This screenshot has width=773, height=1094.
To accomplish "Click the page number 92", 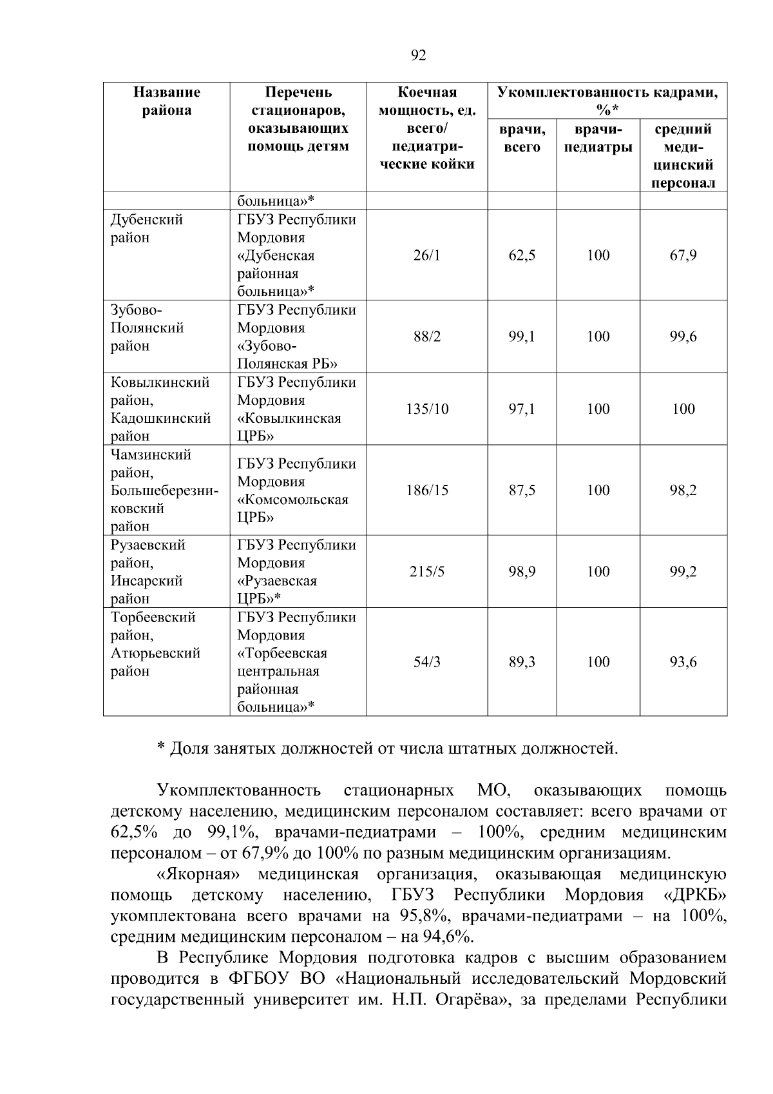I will coord(418,55).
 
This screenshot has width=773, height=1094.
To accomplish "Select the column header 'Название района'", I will coord(166,101).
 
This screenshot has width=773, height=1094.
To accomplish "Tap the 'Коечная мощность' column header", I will coord(426,128).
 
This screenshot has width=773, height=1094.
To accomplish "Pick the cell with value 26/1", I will coord(426,255).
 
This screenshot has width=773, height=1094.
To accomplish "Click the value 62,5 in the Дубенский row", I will coord(522,255).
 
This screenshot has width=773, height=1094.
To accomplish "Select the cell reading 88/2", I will coord(426,337).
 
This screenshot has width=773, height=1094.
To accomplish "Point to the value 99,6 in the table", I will coord(683,337).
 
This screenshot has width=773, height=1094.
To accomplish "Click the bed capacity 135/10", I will coord(426,409).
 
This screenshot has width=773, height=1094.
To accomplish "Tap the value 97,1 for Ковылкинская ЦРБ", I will coord(522,409).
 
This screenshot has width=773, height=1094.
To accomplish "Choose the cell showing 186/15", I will coord(426,490).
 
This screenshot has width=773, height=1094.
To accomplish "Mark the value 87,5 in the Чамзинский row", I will coord(522,490).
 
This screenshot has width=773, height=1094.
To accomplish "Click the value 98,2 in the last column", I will coord(683,490).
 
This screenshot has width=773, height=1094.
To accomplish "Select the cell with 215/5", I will coord(426,571).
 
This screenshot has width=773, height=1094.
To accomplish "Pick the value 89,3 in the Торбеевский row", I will coord(522,662).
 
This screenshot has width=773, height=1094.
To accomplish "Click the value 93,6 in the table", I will coord(683,662).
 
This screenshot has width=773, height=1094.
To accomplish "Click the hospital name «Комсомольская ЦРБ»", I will coord(292,508).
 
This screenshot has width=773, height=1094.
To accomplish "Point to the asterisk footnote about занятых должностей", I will coord(388,748).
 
